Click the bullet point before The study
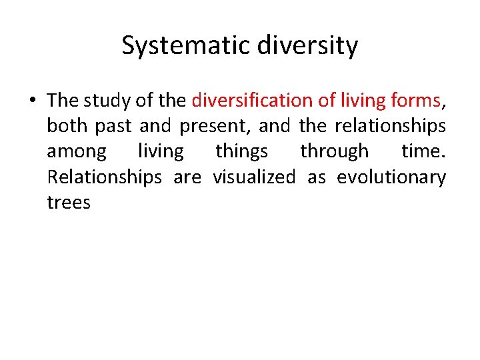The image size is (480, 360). tap(32, 101)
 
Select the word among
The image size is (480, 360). tap(77, 151)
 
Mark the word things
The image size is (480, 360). tap(242, 151)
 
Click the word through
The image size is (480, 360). tap(334, 151)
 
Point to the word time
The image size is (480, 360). tap(423, 151)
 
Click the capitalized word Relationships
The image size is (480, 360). tap(105, 177)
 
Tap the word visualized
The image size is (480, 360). tap(253, 177)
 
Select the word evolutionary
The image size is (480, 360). tap(391, 177)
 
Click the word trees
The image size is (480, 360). tap(69, 203)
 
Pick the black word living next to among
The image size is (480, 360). tap(160, 151)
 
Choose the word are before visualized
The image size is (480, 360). tap(187, 177)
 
